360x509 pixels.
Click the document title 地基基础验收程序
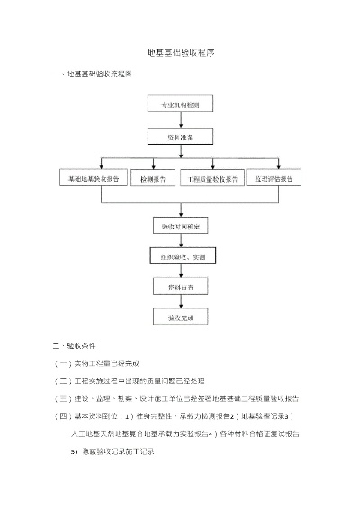[179, 54]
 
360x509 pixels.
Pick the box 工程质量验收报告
[212, 179]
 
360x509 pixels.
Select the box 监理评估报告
[274, 179]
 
